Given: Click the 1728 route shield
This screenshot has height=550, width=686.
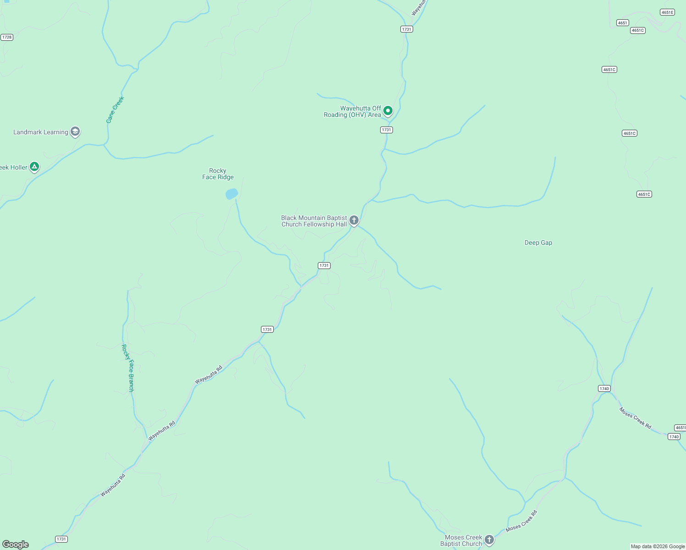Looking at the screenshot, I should point(6,37).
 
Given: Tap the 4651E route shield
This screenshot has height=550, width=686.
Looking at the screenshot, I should point(667,12).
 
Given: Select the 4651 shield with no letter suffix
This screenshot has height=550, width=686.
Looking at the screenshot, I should point(622,23).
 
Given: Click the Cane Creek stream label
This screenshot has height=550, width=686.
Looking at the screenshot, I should point(115,110).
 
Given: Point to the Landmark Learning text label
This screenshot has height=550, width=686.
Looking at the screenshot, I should point(40,132).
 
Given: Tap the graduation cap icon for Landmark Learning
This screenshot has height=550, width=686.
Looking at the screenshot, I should point(75,132).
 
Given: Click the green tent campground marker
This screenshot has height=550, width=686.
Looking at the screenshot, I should point(34,167).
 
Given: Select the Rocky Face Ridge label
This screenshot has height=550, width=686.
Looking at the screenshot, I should point(218,174).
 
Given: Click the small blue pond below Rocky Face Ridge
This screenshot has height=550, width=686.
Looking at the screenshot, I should point(232,194).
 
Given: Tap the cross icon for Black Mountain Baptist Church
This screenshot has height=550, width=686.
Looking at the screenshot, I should point(354,220).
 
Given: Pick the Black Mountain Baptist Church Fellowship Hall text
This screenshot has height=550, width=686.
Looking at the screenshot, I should point(314,221).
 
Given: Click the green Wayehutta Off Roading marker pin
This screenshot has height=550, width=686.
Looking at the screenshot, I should point(388,110).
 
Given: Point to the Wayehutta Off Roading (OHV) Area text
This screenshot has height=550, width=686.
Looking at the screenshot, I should point(353,112).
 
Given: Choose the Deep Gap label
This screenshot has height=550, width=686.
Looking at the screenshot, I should point(538,243).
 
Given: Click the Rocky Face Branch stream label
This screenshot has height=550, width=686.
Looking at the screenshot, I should point(128,368).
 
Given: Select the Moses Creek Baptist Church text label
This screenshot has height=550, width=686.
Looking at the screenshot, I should point(461,541).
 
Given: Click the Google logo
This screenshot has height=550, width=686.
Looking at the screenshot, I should point(15,544).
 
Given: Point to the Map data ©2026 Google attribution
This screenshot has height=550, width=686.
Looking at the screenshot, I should point(658,546).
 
